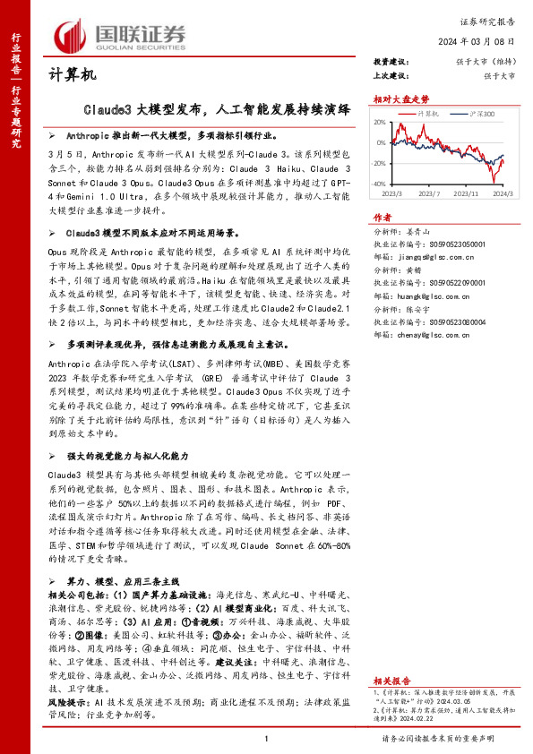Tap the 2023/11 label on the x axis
[x=465, y=193]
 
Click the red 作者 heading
[x=383, y=217]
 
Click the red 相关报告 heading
[x=391, y=655]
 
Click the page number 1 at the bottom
[x=266, y=739]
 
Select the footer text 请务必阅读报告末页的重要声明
[x=450, y=739]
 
